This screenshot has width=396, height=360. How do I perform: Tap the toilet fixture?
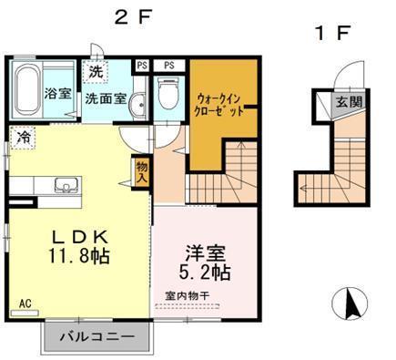coord(168,95)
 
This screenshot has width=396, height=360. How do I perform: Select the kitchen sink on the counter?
coord(65,187)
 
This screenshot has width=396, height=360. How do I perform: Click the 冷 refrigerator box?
coord(22,138)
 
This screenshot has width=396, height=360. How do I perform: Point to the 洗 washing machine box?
coord(96,70)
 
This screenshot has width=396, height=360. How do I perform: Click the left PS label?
coord(142,65)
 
